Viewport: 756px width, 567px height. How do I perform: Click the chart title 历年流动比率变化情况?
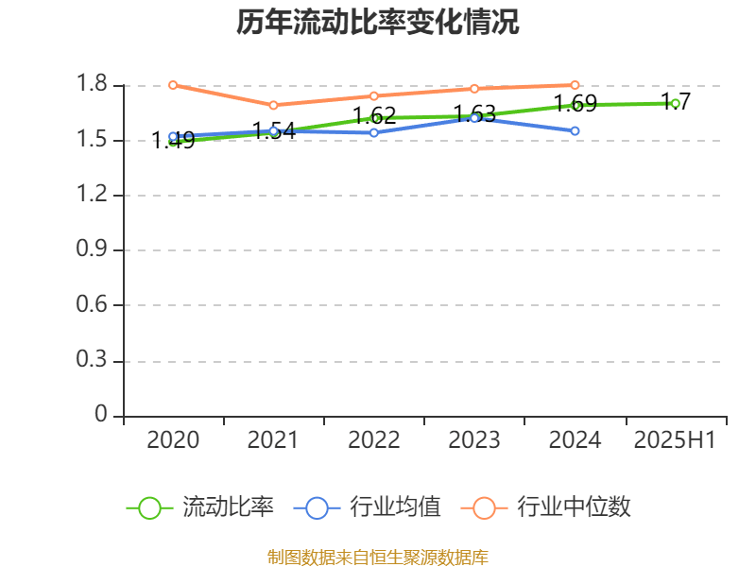[378, 23]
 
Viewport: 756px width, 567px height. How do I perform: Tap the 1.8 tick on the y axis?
[93, 85]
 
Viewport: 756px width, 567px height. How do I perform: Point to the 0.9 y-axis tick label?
[93, 250]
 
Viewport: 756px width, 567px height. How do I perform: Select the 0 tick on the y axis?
[102, 416]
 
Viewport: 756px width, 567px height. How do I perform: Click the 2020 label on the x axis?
[173, 440]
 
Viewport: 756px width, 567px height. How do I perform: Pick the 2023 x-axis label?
[474, 440]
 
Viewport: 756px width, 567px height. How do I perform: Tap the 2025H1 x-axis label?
[675, 440]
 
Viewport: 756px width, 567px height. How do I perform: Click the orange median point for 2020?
[173, 85]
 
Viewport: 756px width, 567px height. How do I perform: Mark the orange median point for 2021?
[273, 105]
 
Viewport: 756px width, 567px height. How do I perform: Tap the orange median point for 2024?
[575, 85]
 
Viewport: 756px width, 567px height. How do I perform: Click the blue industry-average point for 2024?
[575, 130]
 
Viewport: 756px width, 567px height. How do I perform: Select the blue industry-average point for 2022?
[374, 132]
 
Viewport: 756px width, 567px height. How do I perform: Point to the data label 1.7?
[676, 101]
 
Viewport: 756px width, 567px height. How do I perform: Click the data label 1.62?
[374, 116]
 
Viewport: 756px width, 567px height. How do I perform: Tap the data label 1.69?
[575, 103]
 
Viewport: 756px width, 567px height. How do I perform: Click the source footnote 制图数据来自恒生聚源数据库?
[378, 557]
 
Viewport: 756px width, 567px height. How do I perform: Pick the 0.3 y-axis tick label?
[93, 361]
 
